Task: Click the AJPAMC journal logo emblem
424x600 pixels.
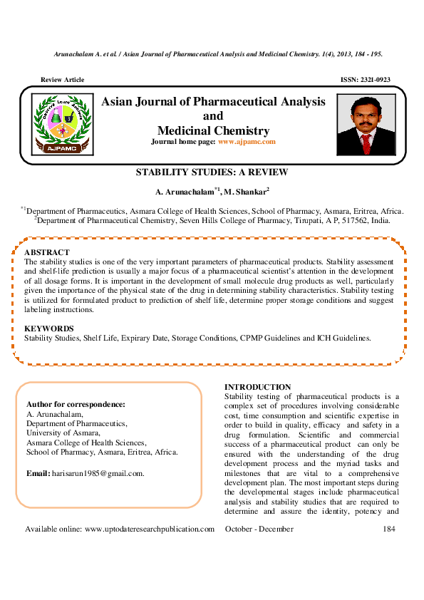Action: (61, 120)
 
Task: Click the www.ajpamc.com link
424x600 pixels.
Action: (246, 143)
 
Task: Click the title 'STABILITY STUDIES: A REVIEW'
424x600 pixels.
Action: (212, 172)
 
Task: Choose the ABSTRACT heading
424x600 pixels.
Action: (47, 253)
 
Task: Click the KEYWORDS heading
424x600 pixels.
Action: (49, 329)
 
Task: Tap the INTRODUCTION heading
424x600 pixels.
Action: (257, 387)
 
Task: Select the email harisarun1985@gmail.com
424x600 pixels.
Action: (95, 473)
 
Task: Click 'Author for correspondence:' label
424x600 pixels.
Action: (76, 405)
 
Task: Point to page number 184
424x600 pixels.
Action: (388, 529)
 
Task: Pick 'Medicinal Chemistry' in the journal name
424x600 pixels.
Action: (213, 130)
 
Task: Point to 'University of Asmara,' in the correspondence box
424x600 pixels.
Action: (63, 433)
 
